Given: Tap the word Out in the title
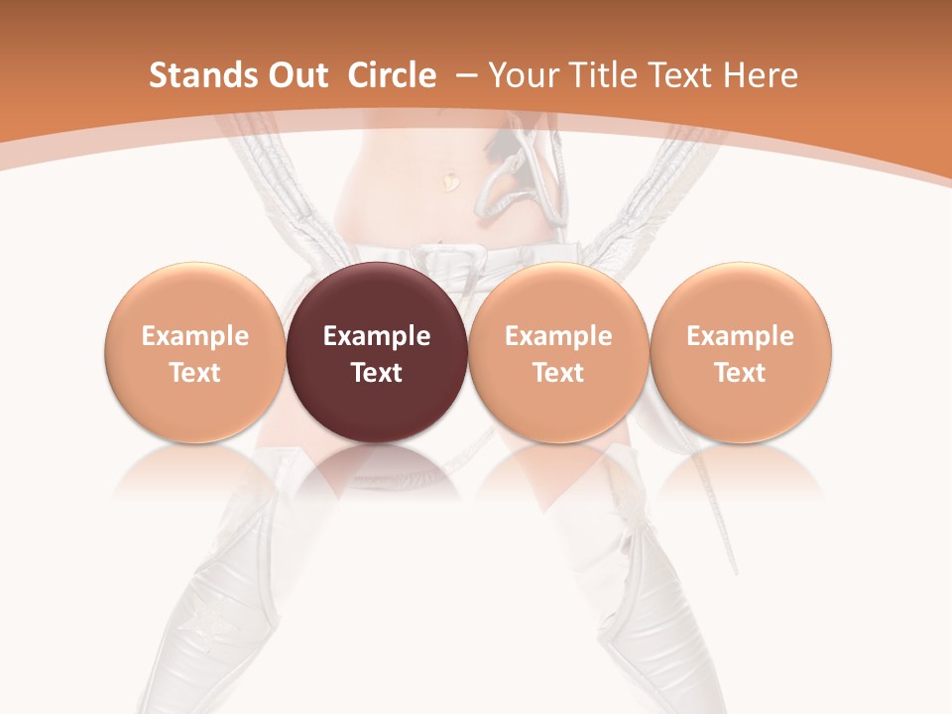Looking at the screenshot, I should [295, 75].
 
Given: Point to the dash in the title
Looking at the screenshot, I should [468, 76].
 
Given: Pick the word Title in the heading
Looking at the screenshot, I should [604, 75].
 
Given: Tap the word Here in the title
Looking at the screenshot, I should [761, 75].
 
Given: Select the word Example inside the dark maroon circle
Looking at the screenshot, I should [377, 336].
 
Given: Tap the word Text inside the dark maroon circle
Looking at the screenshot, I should [377, 373].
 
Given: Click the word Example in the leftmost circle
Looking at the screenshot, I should [195, 336].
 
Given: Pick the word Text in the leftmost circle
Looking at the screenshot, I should [195, 373].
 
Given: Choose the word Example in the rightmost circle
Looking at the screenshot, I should [741, 336].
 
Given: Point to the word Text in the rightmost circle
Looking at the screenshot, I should [741, 373].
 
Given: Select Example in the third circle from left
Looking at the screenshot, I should [558, 336].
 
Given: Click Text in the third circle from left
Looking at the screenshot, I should [558, 373].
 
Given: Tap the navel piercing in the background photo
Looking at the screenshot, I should [451, 182].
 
